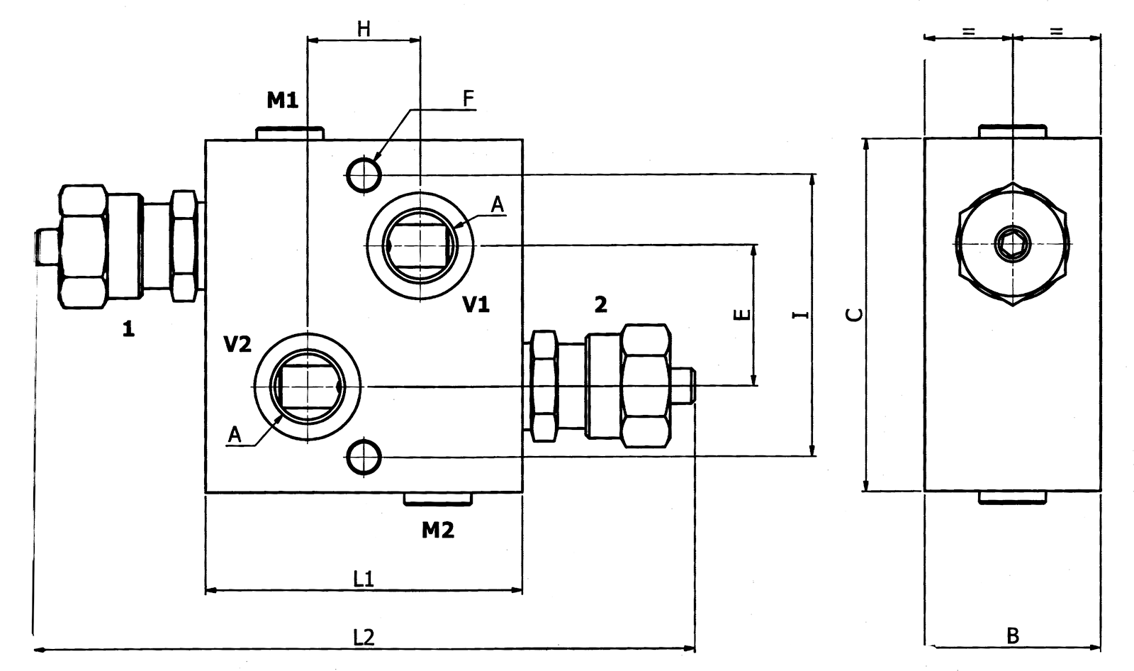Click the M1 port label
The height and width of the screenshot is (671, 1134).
click(x=282, y=101)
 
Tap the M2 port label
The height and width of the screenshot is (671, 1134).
click(x=437, y=530)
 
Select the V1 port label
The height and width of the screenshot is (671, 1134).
click(x=476, y=305)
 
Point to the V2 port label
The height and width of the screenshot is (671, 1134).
click(x=237, y=345)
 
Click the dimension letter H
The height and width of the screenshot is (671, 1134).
click(x=364, y=29)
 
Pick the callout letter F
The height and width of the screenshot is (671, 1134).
click(x=468, y=99)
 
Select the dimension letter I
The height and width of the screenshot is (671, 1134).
click(x=801, y=314)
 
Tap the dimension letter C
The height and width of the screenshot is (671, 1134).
click(x=856, y=314)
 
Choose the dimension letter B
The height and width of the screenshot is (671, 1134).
click(x=1013, y=636)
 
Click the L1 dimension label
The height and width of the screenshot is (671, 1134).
click(x=364, y=579)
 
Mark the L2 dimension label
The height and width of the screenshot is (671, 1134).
click(x=364, y=638)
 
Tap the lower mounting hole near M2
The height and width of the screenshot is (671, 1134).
click(x=364, y=456)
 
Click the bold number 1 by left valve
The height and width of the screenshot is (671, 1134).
click(x=128, y=329)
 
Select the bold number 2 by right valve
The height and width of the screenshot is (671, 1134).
click(x=600, y=305)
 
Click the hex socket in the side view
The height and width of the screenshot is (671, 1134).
click(x=1011, y=244)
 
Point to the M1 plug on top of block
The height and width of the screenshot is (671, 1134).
click(x=289, y=133)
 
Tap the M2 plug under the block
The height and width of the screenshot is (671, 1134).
click(x=437, y=499)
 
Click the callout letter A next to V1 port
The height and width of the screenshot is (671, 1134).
click(x=498, y=205)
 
